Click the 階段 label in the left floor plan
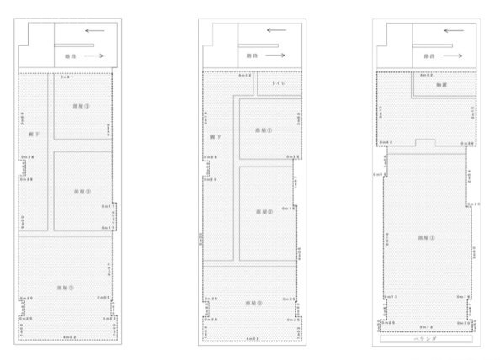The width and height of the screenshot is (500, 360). pyautogui.click(x=70, y=56)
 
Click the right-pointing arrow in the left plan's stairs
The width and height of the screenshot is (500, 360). pyautogui.click(x=95, y=56)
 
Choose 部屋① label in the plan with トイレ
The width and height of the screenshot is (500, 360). pyautogui.click(x=264, y=129)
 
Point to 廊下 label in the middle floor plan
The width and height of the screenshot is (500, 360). pyautogui.click(x=214, y=135)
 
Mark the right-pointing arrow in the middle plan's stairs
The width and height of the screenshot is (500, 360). pyautogui.click(x=278, y=56)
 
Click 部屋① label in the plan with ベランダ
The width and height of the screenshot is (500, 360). pyautogui.click(x=428, y=238)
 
